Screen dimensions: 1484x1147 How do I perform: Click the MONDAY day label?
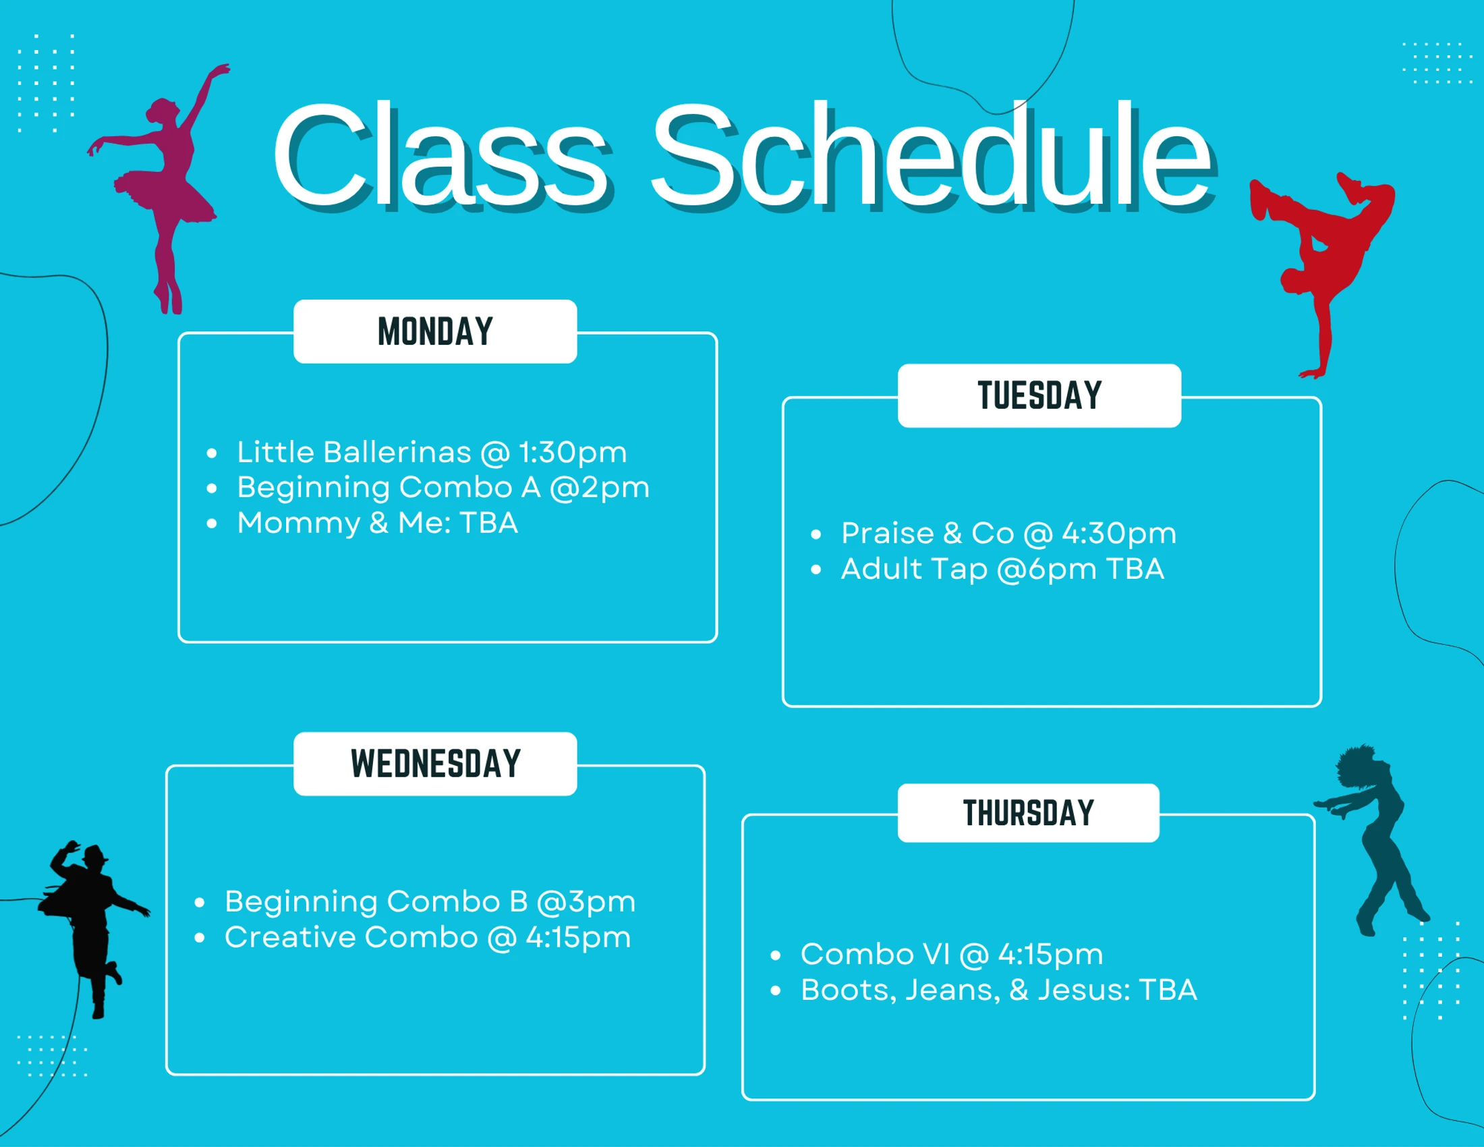435,331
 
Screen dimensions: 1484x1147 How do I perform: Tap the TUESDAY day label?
1039,396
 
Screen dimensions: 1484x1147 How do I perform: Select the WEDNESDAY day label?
435,764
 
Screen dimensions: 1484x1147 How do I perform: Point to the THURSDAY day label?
1028,814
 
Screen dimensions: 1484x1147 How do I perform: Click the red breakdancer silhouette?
1321,272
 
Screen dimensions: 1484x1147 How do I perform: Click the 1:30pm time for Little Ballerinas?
573,453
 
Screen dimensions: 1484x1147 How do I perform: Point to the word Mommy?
298,523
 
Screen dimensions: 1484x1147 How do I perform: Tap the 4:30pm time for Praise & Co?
1119,534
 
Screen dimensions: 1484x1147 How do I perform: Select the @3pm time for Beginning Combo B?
586,901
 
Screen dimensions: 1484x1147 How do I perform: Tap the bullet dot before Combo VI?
775,955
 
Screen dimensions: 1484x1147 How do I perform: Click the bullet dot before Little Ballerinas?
212,453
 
